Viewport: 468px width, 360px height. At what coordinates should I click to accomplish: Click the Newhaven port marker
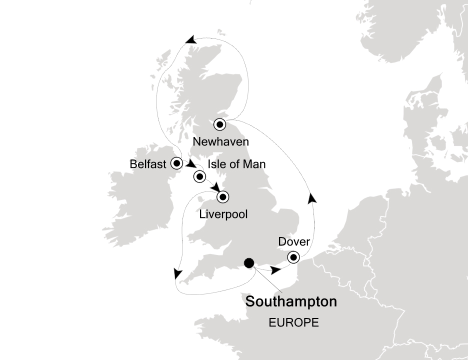(220, 124)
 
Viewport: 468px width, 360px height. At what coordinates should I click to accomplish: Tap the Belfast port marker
(176, 163)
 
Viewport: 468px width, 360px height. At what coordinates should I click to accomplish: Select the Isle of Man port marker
(200, 176)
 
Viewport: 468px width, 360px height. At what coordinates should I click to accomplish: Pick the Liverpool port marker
(222, 197)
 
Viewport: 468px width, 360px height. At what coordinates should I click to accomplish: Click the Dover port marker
(293, 257)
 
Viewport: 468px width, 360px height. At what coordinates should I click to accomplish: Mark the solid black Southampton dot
(248, 263)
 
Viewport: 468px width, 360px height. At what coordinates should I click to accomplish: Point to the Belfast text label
(147, 163)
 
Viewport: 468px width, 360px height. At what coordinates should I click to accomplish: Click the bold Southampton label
(291, 302)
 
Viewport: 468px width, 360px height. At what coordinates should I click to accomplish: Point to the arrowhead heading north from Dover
(312, 198)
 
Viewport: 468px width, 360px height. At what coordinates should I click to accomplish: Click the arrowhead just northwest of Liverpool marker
(216, 186)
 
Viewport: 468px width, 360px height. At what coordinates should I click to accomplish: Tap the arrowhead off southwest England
(176, 273)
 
